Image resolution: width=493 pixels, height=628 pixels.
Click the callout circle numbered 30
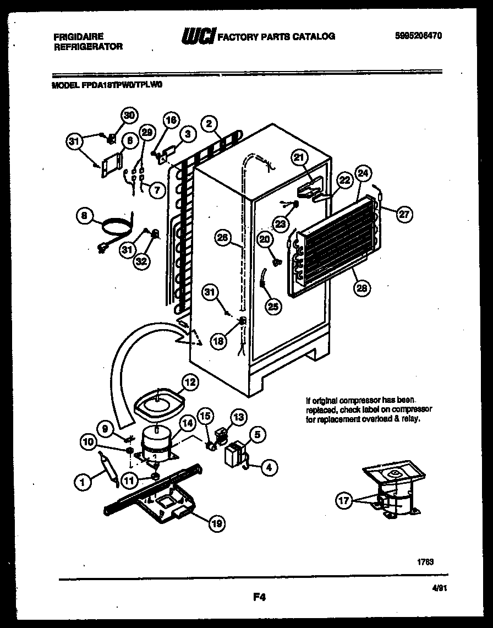[x=128, y=116]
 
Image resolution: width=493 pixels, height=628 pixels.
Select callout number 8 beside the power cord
[x=84, y=217]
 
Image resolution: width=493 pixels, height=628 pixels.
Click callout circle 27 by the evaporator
[x=404, y=215]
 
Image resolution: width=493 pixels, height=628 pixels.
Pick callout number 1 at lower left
[x=82, y=482]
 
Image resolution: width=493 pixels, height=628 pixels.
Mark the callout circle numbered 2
[x=209, y=124]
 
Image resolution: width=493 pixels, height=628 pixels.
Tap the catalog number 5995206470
[x=419, y=36]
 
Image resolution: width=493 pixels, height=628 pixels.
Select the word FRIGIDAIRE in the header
[x=80, y=36]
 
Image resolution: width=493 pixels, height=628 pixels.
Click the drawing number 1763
[x=425, y=561]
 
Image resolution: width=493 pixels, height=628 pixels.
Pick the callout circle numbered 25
[x=273, y=307]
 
